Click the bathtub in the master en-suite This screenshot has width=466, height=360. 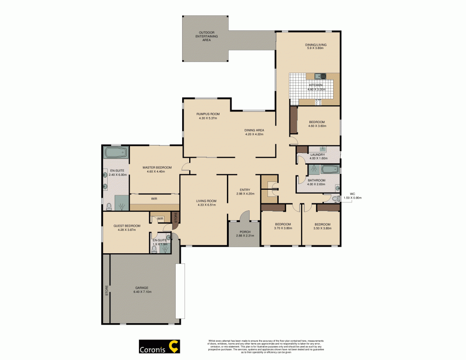(x=115, y=153)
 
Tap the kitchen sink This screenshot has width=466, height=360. (x=321, y=76)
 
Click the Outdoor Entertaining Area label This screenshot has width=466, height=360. (x=206, y=36)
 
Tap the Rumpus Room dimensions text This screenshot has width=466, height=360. (x=208, y=118)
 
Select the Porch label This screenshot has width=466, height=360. (x=245, y=232)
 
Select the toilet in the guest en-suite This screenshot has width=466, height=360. (x=154, y=249)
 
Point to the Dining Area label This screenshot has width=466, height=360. (x=254, y=130)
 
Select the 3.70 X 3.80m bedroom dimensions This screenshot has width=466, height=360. (x=283, y=228)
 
